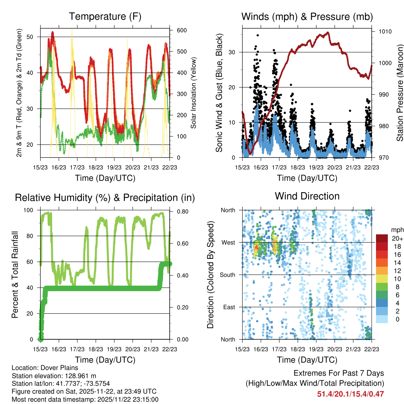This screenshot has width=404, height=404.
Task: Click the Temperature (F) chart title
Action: point(105,17)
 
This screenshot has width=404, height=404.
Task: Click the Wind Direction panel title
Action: point(307,196)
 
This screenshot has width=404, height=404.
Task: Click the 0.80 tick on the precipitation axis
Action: point(182,210)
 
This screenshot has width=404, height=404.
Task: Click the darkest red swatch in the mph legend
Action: point(383,238)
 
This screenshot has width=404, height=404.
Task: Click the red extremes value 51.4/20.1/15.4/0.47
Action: point(350,394)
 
